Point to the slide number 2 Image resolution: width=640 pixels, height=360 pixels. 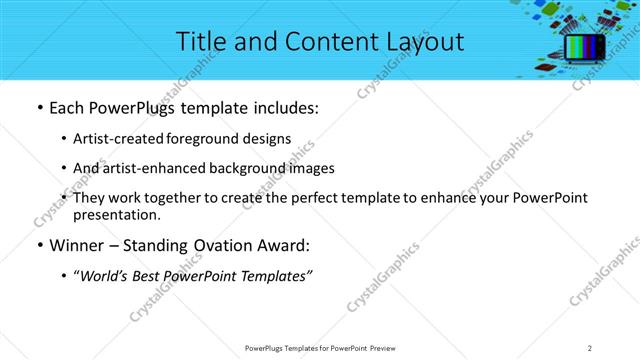click(590, 347)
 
